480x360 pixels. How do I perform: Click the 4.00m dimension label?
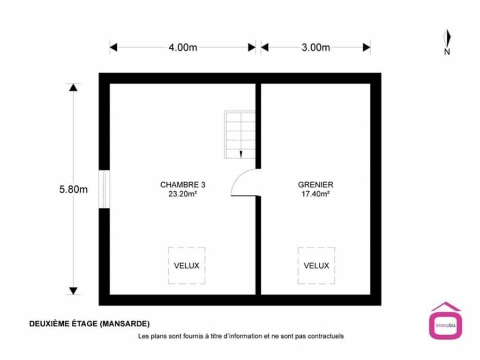pyautogui.click(x=183, y=47)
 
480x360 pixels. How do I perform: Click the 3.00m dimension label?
pyautogui.click(x=315, y=47)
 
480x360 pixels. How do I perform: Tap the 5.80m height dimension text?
pyautogui.click(x=74, y=189)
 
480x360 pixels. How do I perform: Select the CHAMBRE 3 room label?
pyautogui.click(x=183, y=185)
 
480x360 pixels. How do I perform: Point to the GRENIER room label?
pyautogui.click(x=315, y=185)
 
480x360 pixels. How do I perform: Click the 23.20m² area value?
pyautogui.click(x=182, y=194)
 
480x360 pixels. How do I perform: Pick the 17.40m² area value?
pyautogui.click(x=315, y=194)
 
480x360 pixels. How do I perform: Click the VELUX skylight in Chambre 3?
pyautogui.click(x=187, y=265)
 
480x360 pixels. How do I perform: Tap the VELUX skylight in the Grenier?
pyautogui.click(x=316, y=265)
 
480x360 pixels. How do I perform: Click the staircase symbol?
pyautogui.click(x=240, y=135)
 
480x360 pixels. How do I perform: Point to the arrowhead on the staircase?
pyautogui.click(x=241, y=155)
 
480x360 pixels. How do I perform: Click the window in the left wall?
pyautogui.click(x=104, y=189)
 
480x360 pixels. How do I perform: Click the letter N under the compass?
pyautogui.click(x=447, y=52)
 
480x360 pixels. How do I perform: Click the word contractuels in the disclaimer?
pyautogui.click(x=326, y=336)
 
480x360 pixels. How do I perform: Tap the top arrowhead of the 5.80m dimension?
pyautogui.click(x=73, y=88)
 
